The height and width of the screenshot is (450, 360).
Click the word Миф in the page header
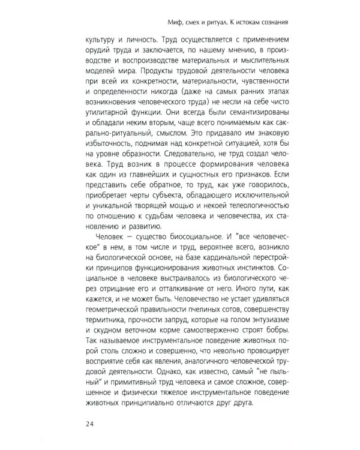pyautogui.click(x=177, y=24)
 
